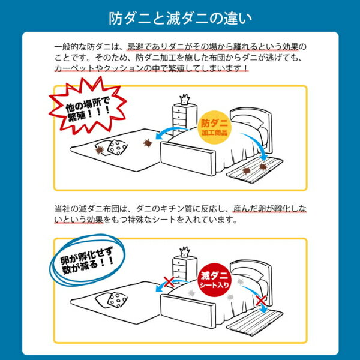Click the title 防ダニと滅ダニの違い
pyautogui.click(x=180, y=19)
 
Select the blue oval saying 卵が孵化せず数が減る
pyautogui.click(x=87, y=260)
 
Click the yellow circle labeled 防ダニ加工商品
pyautogui.click(x=214, y=127)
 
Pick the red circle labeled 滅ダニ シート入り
pyautogui.click(x=214, y=280)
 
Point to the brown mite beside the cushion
pyautogui.click(x=100, y=150)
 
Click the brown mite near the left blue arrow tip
pyautogui.click(x=148, y=143)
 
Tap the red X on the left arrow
pyautogui.click(x=169, y=282)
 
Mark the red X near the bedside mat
pyautogui.click(x=261, y=300)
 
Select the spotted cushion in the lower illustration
pyautogui.click(x=118, y=299)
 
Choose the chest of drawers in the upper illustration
pyautogui.click(x=185, y=120)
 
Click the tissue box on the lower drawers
pyautogui.click(x=185, y=252)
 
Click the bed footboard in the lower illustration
pyautogui.click(x=188, y=311)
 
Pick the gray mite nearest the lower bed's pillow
pyautogui.click(x=240, y=281)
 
